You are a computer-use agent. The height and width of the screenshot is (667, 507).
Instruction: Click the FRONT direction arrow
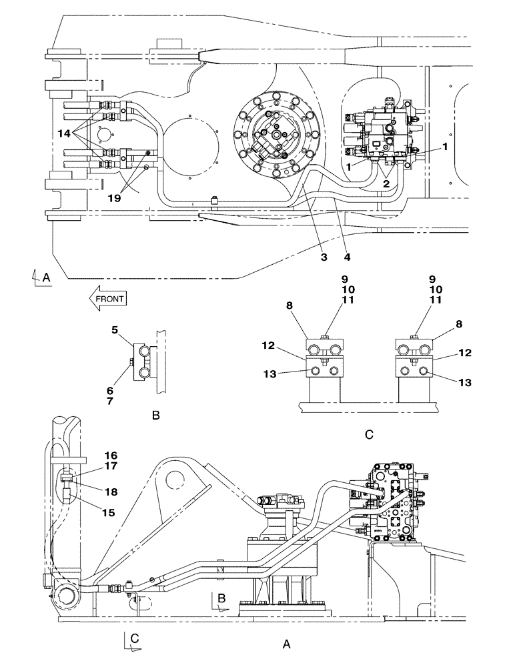coord(106,299)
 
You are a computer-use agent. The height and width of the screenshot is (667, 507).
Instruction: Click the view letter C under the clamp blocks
coord(369,434)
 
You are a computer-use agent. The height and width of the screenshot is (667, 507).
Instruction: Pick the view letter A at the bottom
coord(287,644)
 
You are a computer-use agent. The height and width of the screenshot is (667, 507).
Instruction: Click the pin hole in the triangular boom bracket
coord(175,478)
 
